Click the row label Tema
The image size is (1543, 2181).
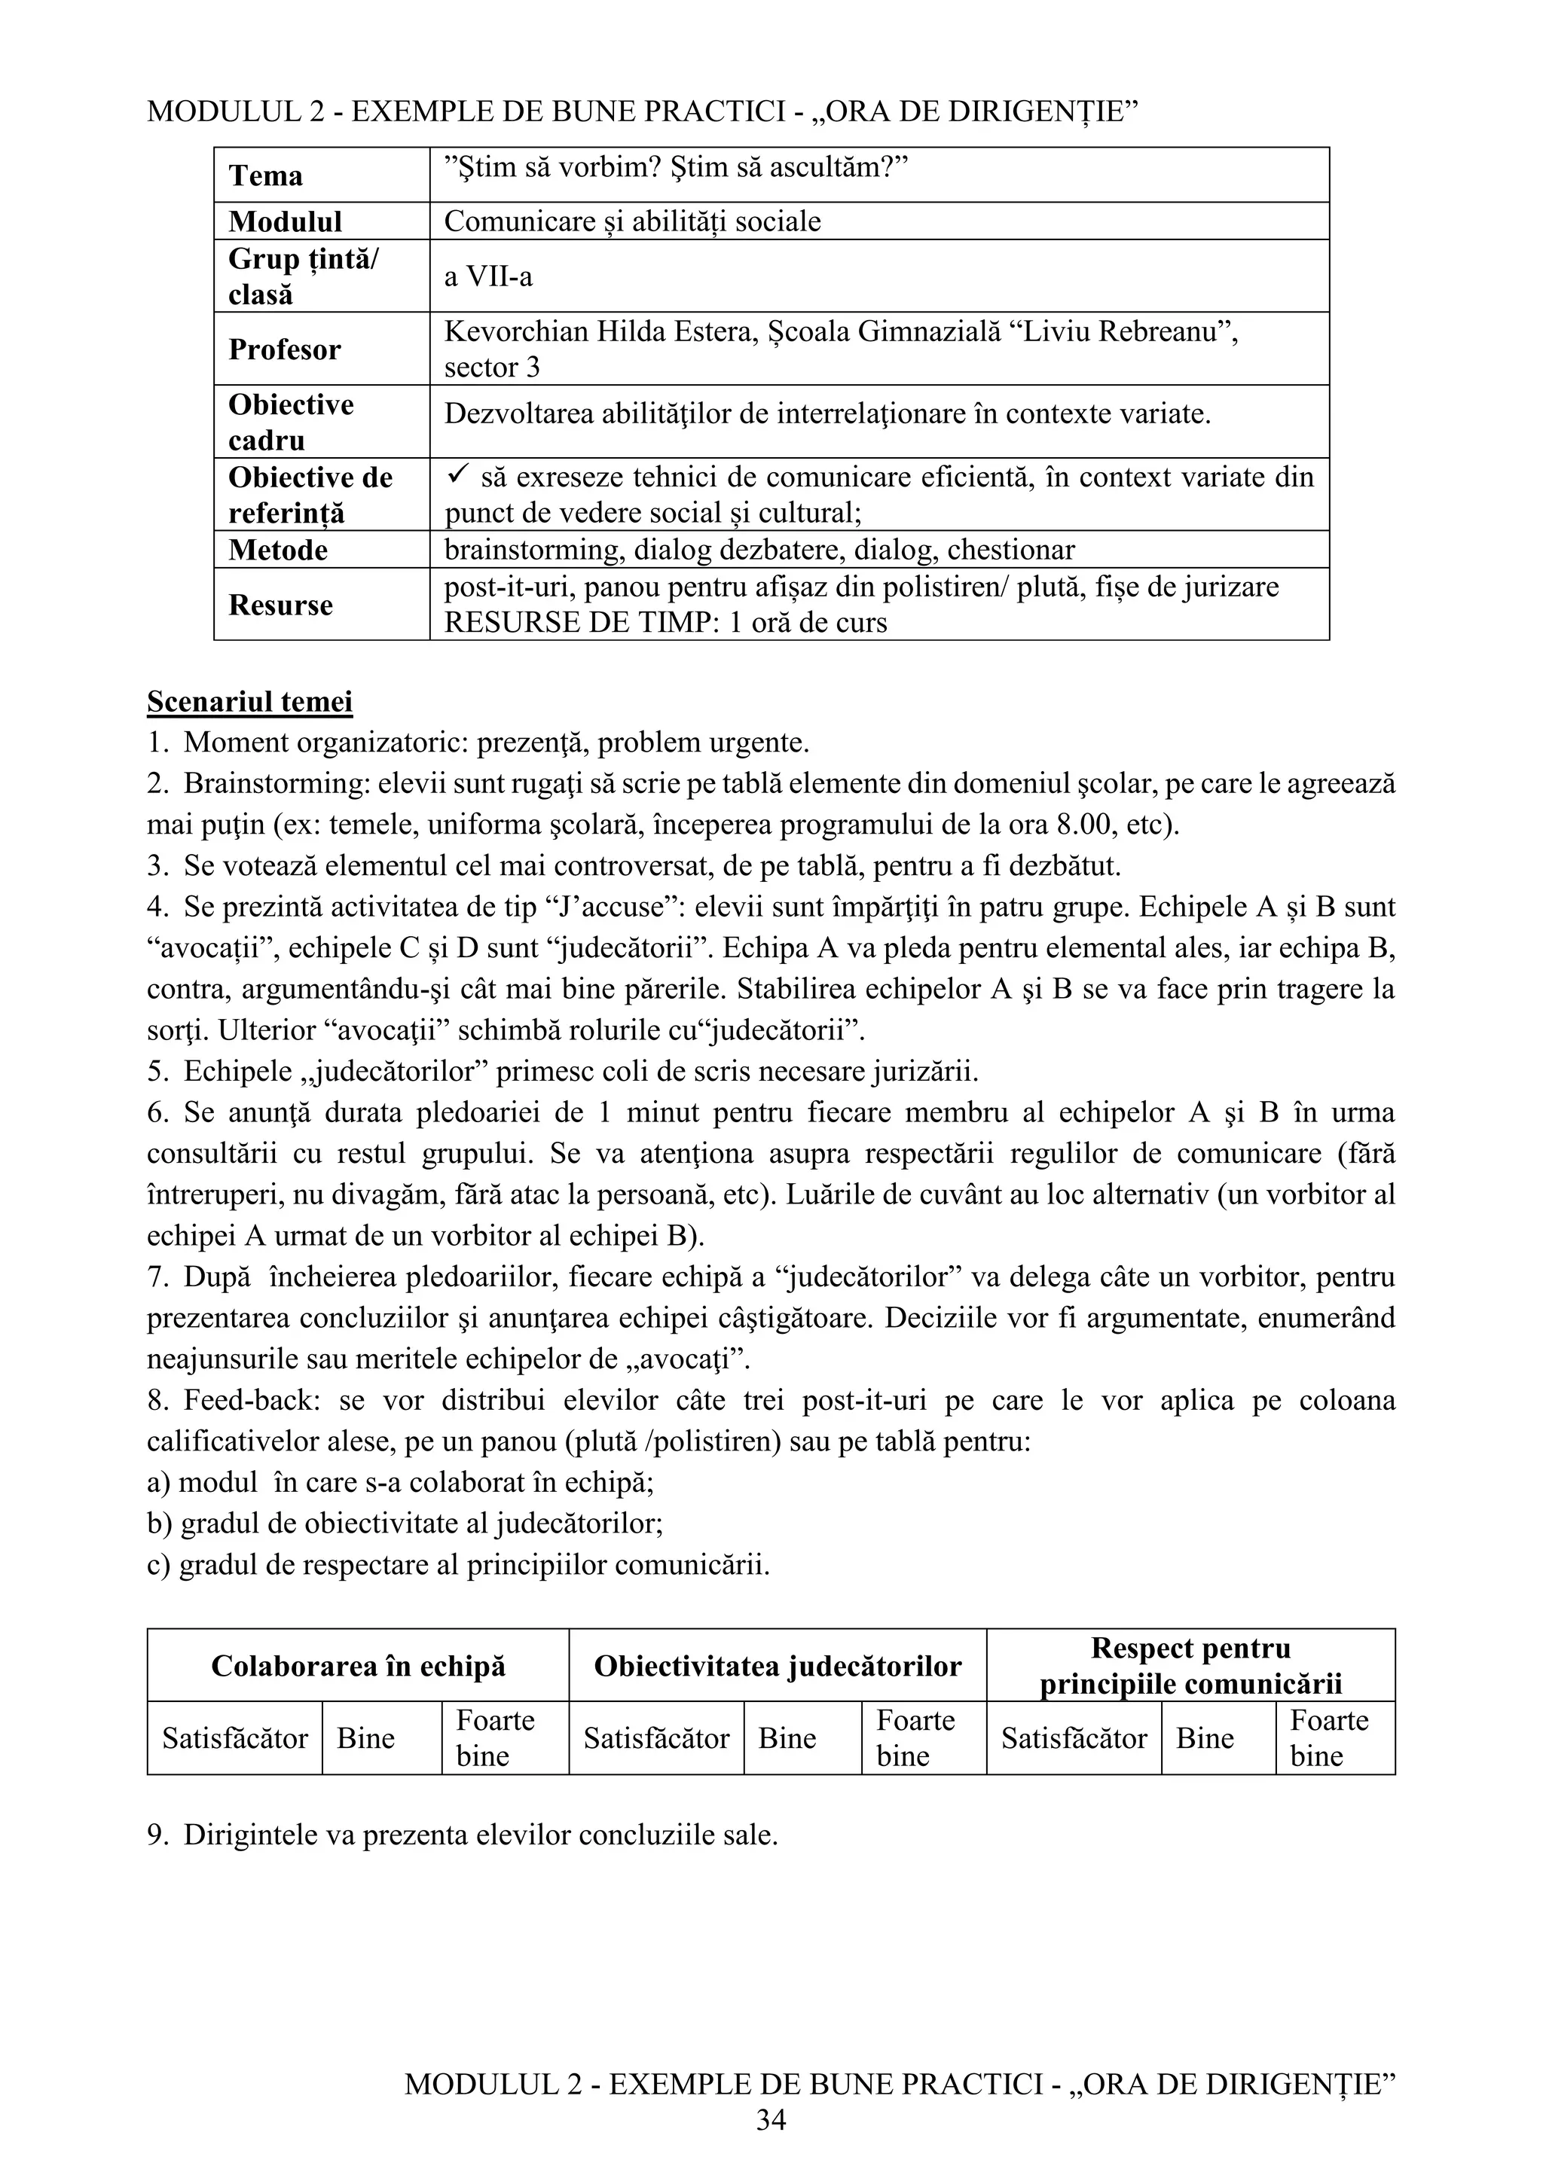point(265,175)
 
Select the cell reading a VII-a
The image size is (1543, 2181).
point(488,276)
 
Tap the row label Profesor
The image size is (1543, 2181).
point(284,349)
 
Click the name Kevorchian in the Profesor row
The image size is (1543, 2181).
point(516,331)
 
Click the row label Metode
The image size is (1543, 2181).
point(277,550)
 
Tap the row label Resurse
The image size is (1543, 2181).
point(280,605)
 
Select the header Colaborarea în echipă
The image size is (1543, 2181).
point(358,1665)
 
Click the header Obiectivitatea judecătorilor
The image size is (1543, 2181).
point(778,1665)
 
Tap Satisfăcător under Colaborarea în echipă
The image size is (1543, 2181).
point(234,1737)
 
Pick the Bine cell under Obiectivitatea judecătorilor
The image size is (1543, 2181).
point(787,1737)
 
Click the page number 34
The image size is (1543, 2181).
point(771,2120)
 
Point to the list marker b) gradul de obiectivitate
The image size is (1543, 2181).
point(159,1524)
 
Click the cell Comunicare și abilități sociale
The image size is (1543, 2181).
point(632,221)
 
